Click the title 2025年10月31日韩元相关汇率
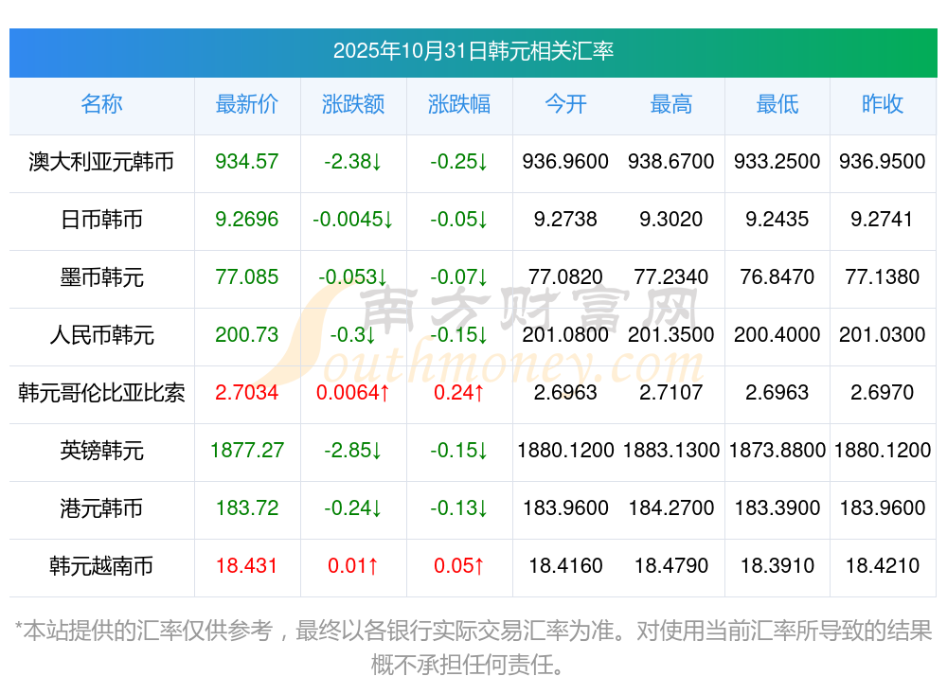tap(473, 50)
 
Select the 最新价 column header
tap(247, 104)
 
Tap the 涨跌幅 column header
tap(459, 104)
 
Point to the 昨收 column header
tap(883, 104)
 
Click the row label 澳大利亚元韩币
tap(101, 162)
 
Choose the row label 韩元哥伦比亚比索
tap(101, 393)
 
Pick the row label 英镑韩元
tap(101, 451)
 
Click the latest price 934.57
tap(247, 162)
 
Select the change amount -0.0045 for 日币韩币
tap(352, 220)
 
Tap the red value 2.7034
tap(247, 393)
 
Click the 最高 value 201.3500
tap(671, 335)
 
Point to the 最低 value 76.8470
tap(777, 277)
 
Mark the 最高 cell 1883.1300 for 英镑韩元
tap(671, 451)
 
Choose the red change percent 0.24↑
tap(459, 393)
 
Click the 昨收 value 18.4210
tap(883, 566)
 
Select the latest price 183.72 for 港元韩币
tap(247, 508)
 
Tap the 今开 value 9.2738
tap(565, 220)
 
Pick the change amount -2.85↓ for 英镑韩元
tap(352, 451)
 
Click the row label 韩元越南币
tap(101, 566)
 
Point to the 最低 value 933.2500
tap(777, 162)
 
